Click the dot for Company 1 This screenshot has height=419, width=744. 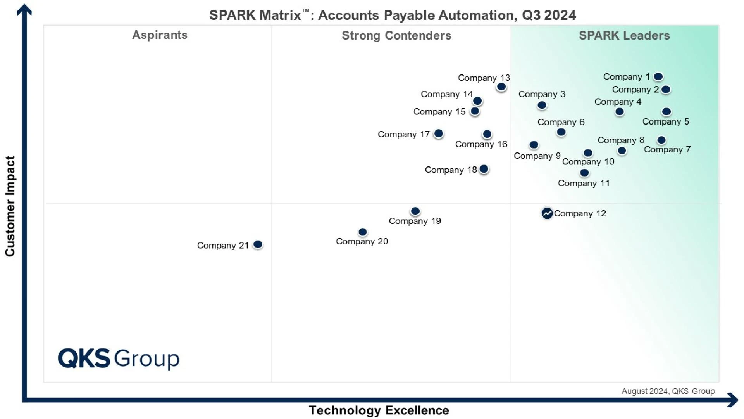click(658, 77)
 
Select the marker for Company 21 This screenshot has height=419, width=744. click(258, 244)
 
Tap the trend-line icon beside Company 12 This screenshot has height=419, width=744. click(547, 213)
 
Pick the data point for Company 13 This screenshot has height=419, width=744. click(501, 87)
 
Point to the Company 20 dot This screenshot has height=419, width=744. click(362, 232)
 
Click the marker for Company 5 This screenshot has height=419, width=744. click(666, 112)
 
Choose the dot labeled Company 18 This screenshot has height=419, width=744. click(484, 169)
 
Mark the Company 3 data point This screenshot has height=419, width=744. click(542, 105)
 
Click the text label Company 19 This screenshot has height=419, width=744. click(415, 221)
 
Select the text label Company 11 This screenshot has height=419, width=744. click(584, 183)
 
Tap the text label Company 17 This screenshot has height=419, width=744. click(403, 134)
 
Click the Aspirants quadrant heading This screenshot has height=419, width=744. click(160, 35)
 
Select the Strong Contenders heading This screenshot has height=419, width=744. click(396, 35)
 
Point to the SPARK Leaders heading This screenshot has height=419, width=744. click(624, 35)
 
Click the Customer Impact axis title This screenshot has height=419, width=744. click(10, 206)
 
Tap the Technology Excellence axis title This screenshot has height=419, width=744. click(379, 410)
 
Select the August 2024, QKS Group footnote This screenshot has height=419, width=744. click(668, 391)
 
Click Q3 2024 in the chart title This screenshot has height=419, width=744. click(549, 15)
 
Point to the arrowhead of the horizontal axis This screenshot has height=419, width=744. click(733, 400)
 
